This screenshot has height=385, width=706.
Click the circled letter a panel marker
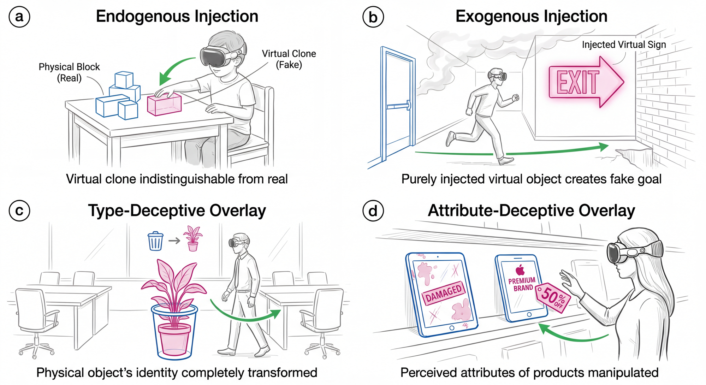(x=19, y=17)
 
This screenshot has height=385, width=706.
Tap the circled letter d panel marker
(x=373, y=211)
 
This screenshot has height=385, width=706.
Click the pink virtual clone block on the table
(x=164, y=104)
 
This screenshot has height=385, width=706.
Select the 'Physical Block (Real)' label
(x=69, y=72)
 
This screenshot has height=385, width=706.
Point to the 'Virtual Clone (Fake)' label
(x=289, y=59)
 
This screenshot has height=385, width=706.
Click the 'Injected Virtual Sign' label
(x=624, y=45)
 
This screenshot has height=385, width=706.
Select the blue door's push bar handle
(x=398, y=105)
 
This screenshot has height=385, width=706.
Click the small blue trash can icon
(x=155, y=241)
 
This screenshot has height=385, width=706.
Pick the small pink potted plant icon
(x=192, y=238)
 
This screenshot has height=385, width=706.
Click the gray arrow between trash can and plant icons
(x=174, y=241)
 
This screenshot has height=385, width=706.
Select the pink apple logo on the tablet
(x=520, y=270)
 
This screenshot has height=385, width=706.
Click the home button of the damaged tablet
(x=452, y=328)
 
